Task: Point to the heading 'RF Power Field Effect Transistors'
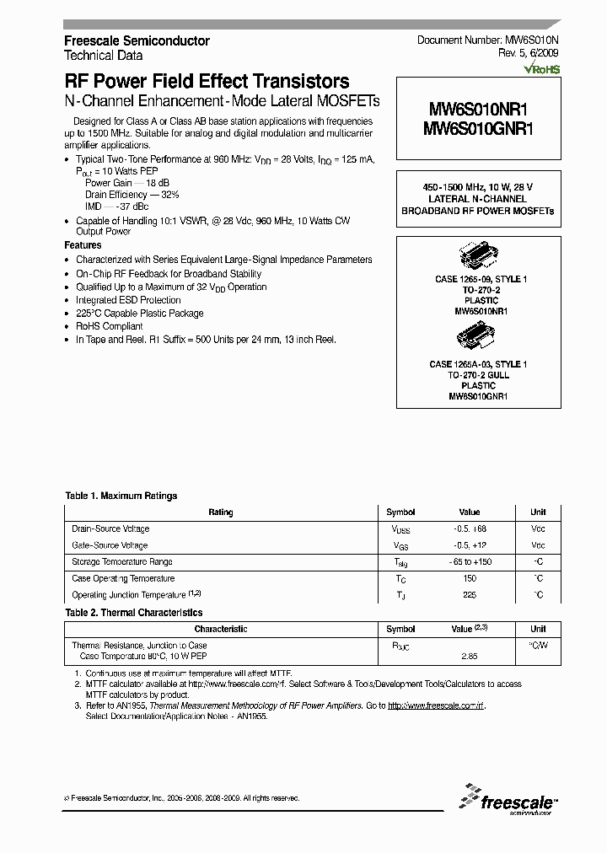(x=207, y=82)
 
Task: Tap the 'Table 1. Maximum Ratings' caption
(x=121, y=496)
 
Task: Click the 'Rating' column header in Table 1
(x=220, y=512)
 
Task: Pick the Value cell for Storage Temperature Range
(x=470, y=562)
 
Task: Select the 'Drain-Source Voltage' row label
(x=111, y=529)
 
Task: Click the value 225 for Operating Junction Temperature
(x=470, y=595)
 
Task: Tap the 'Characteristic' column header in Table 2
(x=220, y=629)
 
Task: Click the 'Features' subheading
(x=83, y=245)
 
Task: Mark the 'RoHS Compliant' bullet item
(x=110, y=326)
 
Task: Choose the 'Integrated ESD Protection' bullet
(x=128, y=300)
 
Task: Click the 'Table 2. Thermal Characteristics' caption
(x=134, y=613)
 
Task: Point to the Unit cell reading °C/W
(x=538, y=646)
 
